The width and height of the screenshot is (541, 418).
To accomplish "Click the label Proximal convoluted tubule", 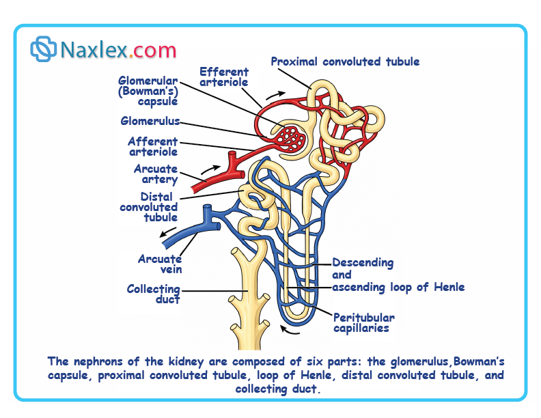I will tap(345, 62).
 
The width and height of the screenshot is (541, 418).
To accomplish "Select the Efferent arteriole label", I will tap(224, 77).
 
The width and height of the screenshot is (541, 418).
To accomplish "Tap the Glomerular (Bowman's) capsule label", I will tap(148, 91).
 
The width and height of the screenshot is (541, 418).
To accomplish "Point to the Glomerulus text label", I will tap(150, 122).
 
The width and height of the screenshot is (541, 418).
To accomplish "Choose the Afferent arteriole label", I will tap(153, 147).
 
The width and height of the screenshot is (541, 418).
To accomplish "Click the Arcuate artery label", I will tap(156, 174).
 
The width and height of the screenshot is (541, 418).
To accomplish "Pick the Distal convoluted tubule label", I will tap(149, 207).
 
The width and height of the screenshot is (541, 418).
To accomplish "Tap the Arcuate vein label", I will tap(160, 264).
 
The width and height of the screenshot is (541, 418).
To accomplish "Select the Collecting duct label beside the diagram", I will tap(154, 294).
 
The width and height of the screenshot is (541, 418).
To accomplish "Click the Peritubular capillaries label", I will tap(364, 323).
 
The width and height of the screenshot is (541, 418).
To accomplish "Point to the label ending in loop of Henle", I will tap(398, 287).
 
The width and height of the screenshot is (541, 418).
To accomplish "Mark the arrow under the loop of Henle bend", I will tap(292, 333).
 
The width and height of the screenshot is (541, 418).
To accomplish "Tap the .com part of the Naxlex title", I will tap(152, 49).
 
